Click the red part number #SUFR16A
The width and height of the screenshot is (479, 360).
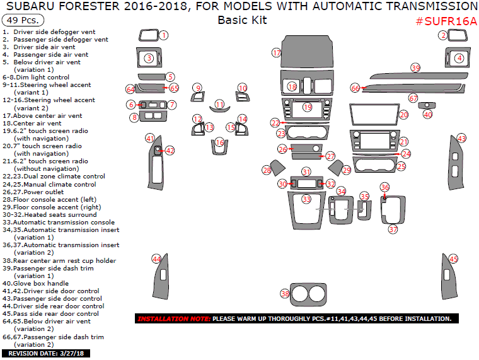coord(446,21)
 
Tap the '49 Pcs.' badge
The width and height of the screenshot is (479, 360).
coord(21,20)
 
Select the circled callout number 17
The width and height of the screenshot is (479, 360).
coord(276,53)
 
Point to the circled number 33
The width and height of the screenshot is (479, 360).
coord(306,199)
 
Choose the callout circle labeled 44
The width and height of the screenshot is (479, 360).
coord(157,258)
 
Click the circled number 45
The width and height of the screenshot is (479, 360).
coord(453,259)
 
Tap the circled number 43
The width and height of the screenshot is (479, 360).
coord(461,138)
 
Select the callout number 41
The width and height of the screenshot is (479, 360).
coord(150,138)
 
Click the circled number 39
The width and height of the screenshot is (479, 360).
coord(415,67)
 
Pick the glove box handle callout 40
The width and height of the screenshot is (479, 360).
coord(428,115)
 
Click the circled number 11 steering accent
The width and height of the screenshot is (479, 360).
coord(219,104)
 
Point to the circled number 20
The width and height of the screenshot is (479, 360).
coord(403,115)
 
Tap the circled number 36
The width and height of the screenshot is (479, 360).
coord(384,188)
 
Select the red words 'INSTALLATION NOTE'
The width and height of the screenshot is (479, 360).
coord(173,319)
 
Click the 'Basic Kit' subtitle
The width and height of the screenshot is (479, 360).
coord(242,20)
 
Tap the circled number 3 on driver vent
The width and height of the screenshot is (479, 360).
coord(149,58)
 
